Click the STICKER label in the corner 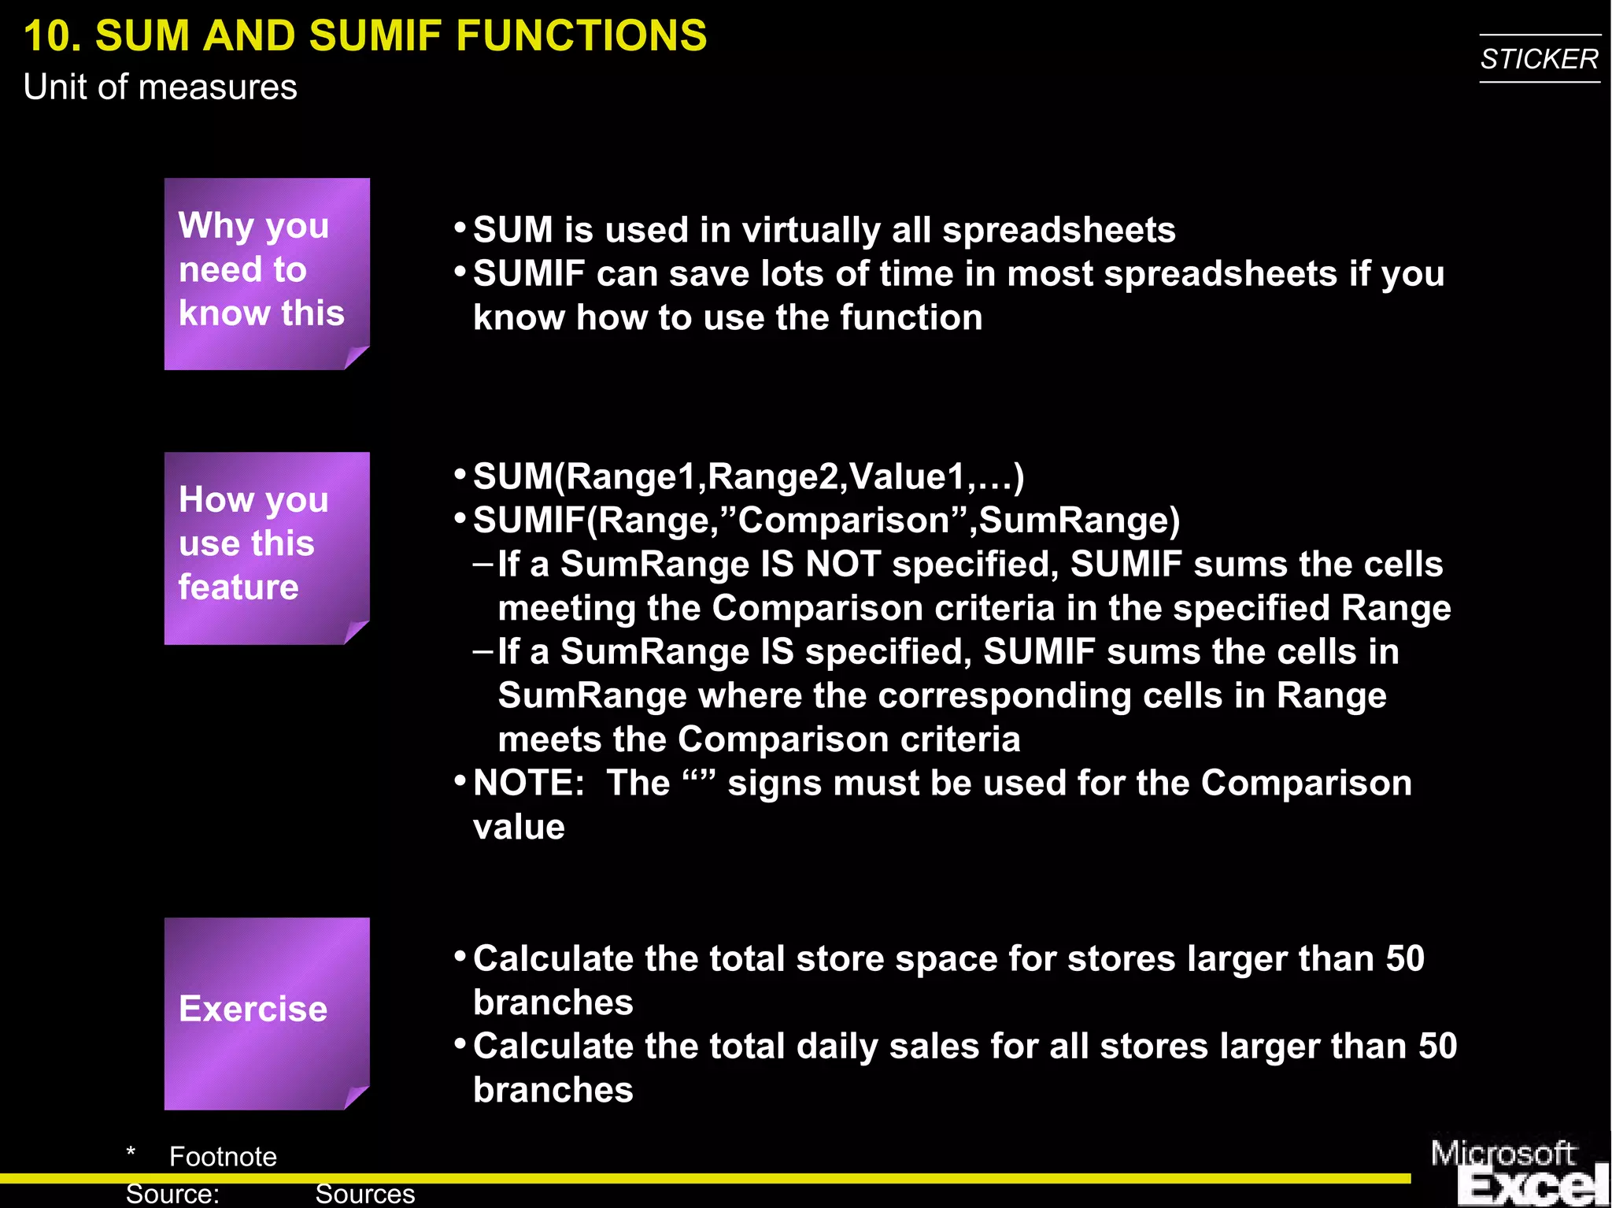[x=1539, y=59]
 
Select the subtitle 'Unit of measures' [x=160, y=87]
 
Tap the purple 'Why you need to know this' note [x=266, y=272]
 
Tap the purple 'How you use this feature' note [x=266, y=547]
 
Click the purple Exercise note [x=266, y=1012]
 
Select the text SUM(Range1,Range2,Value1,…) [x=748, y=476]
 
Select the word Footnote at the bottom [x=223, y=1157]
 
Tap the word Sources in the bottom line [x=364, y=1194]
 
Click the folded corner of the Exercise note [x=356, y=1097]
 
